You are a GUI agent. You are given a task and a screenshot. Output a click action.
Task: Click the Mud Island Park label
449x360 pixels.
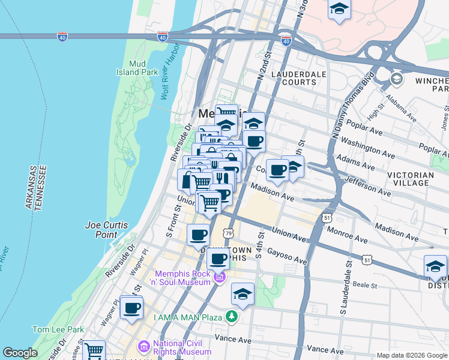137,68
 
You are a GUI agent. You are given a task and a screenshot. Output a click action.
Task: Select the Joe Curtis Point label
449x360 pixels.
106,230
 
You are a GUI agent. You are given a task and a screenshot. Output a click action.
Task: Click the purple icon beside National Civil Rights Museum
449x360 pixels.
143,346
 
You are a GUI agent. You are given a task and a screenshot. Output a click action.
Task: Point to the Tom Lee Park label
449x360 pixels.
58,329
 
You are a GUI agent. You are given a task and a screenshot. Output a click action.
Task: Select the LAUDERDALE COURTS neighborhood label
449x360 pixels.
294,78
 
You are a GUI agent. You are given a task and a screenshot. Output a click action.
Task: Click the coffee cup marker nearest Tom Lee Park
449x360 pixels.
131,309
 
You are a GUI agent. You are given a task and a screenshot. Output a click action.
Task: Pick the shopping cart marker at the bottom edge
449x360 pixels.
94,351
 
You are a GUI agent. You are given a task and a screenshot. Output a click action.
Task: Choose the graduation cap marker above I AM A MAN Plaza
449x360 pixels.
243,294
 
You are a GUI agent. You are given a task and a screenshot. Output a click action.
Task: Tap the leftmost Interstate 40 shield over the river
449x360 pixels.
63,37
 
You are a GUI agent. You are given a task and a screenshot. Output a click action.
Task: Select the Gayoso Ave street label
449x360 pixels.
287,256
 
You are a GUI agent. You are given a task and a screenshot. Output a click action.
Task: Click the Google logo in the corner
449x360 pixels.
20,353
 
